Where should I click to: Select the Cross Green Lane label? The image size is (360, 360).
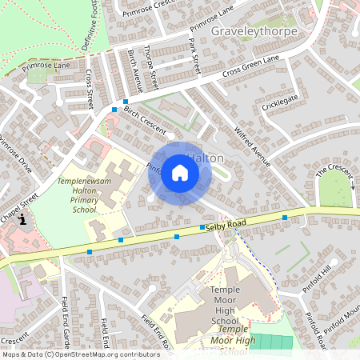[250, 70]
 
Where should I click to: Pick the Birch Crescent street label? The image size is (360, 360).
[145, 120]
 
